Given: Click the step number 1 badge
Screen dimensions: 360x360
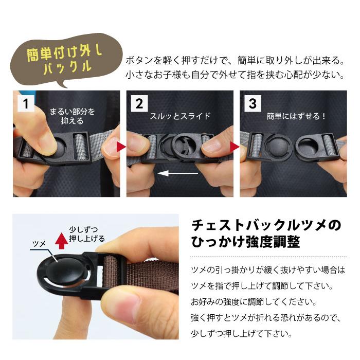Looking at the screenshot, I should pyautogui.click(x=26, y=103).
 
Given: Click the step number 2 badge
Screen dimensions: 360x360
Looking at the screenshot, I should pyautogui.click(x=139, y=103).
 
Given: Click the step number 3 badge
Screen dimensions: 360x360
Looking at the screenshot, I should pyautogui.click(x=253, y=103).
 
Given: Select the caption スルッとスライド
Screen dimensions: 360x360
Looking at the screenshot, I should pyautogui.click(x=180, y=116).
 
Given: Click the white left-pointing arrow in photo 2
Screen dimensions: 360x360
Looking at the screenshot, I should pyautogui.click(x=177, y=174).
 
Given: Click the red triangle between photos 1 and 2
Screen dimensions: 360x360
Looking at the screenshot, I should pyautogui.click(x=121, y=148).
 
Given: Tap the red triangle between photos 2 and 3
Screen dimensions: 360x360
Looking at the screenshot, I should pyautogui.click(x=235, y=148).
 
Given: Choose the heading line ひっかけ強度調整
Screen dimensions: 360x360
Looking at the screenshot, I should pyautogui.click(x=245, y=242).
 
